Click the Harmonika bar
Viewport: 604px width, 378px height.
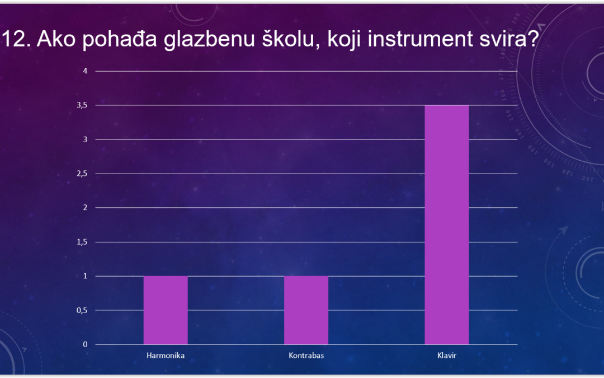point(166,310)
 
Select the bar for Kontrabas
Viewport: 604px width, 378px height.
point(306,310)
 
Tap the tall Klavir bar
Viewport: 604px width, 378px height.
point(447,225)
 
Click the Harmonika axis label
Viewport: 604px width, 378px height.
point(166,355)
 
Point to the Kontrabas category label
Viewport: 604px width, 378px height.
point(306,355)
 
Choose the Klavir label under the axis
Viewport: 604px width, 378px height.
point(447,355)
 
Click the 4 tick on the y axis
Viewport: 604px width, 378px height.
point(85,71)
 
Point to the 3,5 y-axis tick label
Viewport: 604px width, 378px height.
point(82,105)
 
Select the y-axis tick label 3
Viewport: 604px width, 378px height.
point(85,139)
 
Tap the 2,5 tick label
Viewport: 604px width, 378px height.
point(82,174)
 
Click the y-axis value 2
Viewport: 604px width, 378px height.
point(85,208)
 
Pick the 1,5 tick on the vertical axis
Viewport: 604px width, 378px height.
point(82,242)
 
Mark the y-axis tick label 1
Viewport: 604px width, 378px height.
point(85,276)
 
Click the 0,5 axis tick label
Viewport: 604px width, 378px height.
point(82,310)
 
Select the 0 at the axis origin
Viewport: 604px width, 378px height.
point(85,344)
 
